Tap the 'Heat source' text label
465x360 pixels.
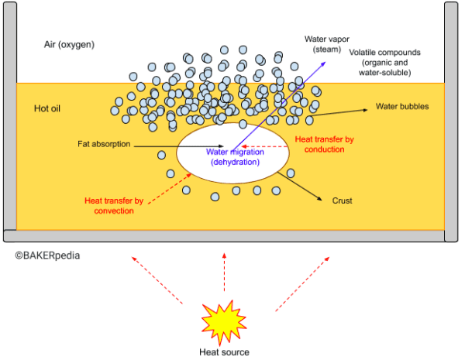click(x=224, y=352)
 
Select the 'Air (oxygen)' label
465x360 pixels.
click(x=69, y=45)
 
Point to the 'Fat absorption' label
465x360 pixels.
click(x=104, y=144)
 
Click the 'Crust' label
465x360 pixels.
click(x=342, y=201)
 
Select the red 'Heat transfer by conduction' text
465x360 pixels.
click(x=325, y=144)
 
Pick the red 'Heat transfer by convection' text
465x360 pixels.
click(x=114, y=205)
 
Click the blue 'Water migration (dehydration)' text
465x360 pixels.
click(x=232, y=157)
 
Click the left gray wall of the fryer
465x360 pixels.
click(x=9, y=116)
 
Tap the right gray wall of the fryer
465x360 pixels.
click(x=451, y=116)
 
